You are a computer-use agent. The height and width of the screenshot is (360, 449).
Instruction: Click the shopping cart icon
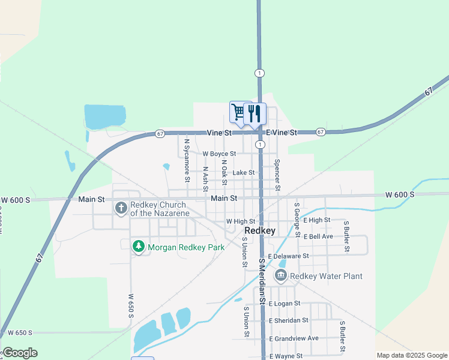point(238,112)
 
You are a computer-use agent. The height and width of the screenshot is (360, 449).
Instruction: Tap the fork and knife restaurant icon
point(255,113)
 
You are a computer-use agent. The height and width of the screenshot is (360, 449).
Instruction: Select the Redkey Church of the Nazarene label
point(160,209)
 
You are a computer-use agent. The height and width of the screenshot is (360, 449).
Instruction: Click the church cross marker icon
point(121,208)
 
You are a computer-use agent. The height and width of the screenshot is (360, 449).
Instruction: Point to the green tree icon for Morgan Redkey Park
point(139,247)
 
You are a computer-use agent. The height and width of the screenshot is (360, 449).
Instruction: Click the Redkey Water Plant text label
point(327,276)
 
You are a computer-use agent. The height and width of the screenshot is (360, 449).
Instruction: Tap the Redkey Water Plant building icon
point(280,276)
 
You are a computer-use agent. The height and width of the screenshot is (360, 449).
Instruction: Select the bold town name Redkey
point(260,231)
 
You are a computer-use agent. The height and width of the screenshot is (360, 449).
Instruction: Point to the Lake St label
point(244,173)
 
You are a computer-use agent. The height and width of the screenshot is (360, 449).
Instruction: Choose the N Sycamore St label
point(187,160)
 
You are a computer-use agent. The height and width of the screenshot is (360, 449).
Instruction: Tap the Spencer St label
point(277,175)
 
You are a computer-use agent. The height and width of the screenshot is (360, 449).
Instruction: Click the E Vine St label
point(282,133)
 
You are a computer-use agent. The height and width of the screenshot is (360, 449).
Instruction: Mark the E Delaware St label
point(288,256)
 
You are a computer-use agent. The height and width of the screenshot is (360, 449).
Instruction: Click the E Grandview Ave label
point(294,338)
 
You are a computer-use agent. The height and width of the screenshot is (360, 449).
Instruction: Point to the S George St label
point(297,220)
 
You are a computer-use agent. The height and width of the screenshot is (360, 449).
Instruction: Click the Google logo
point(19,353)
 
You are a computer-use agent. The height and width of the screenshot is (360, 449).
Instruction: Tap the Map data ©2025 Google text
point(411,355)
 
